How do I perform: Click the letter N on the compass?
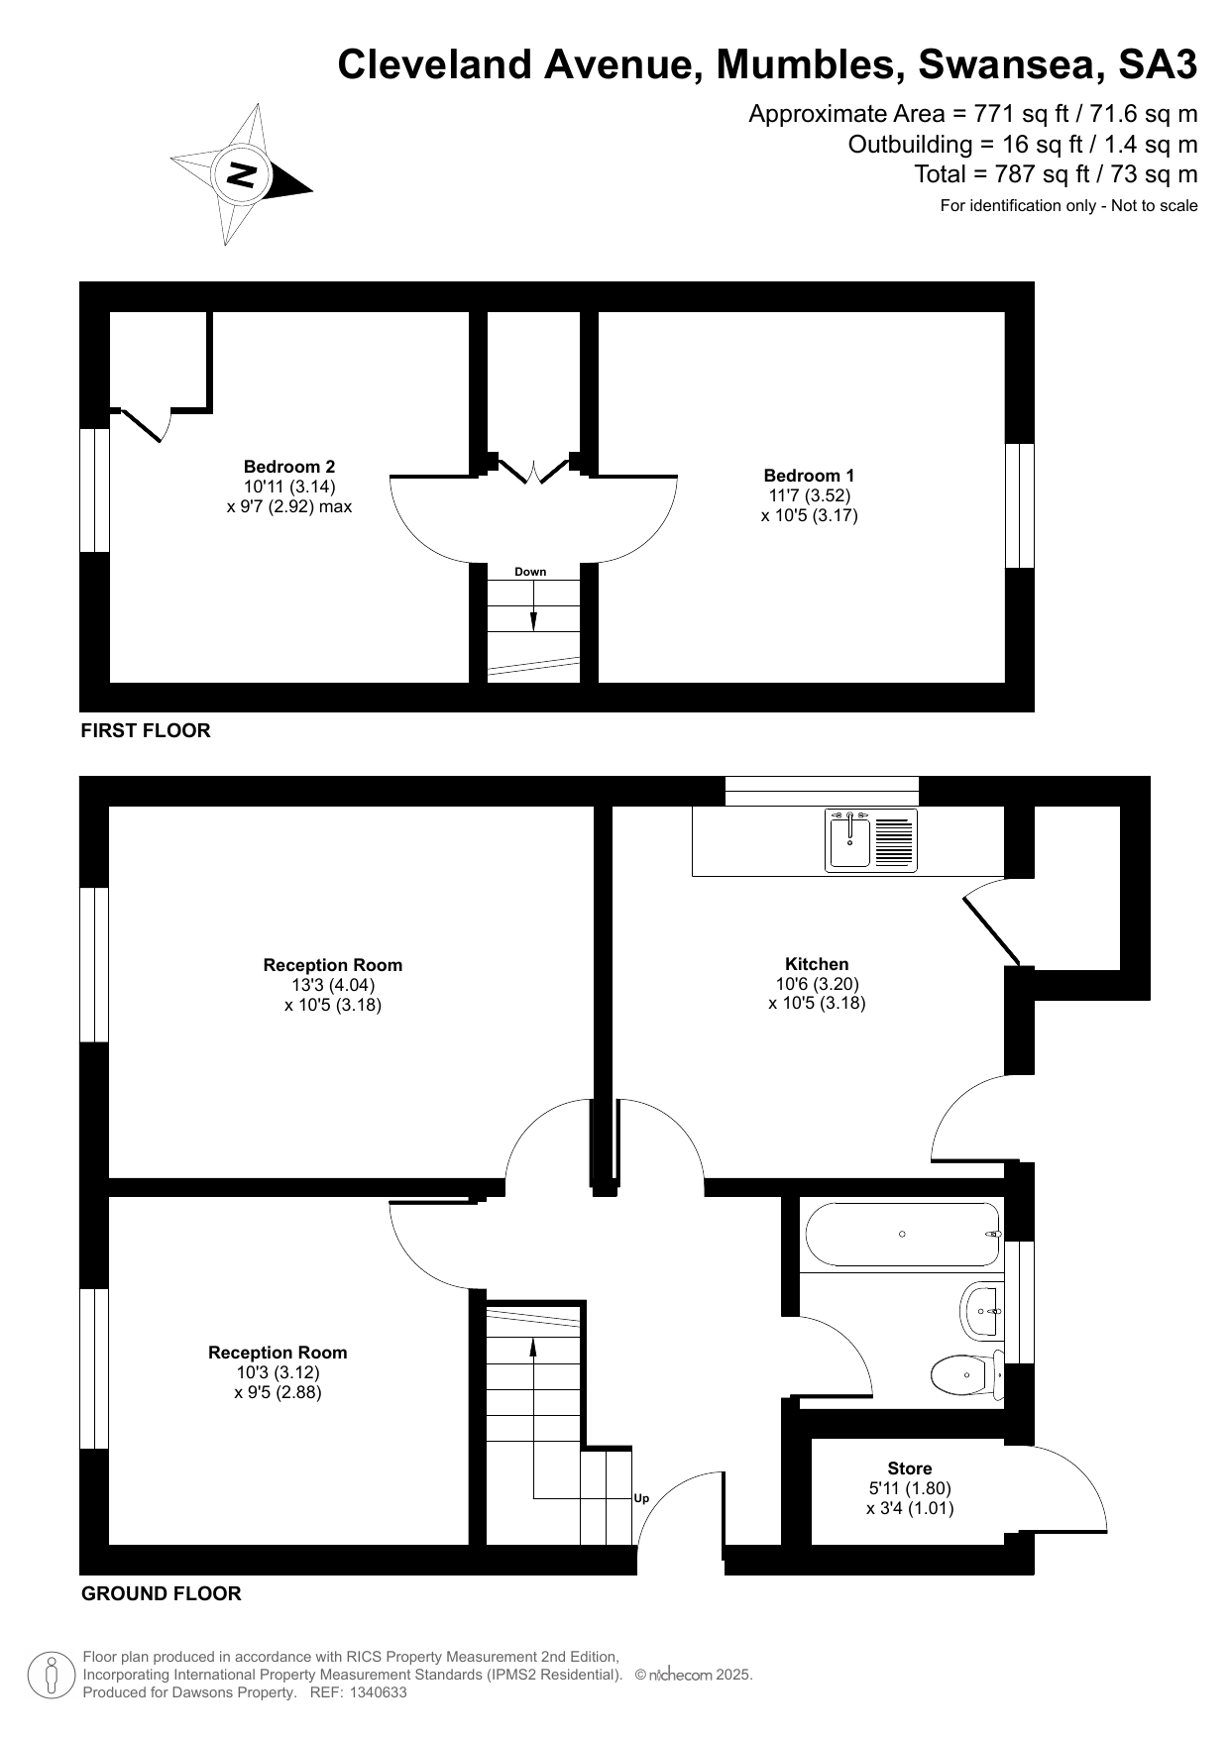pyautogui.click(x=242, y=175)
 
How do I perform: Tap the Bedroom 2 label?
pyautogui.click(x=289, y=467)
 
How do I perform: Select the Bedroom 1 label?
pyautogui.click(x=809, y=476)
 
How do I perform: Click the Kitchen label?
pyautogui.click(x=817, y=964)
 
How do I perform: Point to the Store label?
pyautogui.click(x=910, y=1468)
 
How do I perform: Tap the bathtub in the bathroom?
pyautogui.click(x=902, y=1235)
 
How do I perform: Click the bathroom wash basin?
pyautogui.click(x=982, y=1310)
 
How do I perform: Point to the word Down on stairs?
pyautogui.click(x=530, y=572)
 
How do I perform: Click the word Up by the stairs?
pyautogui.click(x=641, y=1498)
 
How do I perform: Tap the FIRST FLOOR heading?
pyautogui.click(x=146, y=731)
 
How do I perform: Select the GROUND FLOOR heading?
pyautogui.click(x=161, y=1593)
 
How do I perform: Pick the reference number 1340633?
pyautogui.click(x=375, y=1692)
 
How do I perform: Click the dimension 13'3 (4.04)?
pyautogui.click(x=333, y=985)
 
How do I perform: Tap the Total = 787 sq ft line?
pyautogui.click(x=1056, y=174)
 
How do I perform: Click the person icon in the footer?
pyautogui.click(x=52, y=1675)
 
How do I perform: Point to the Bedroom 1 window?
pyautogui.click(x=1020, y=505)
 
